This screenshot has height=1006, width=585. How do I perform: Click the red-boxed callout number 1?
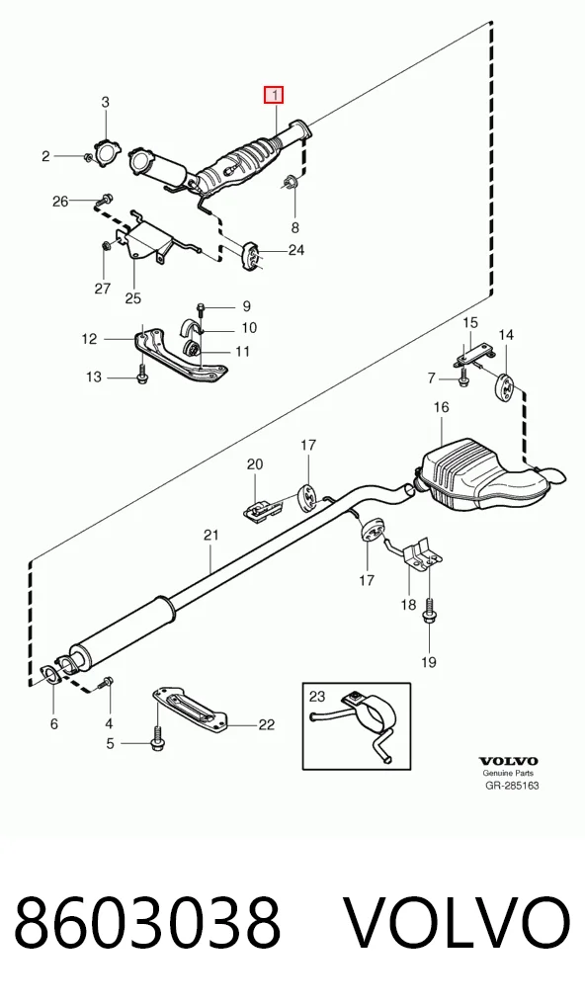pos(274,96)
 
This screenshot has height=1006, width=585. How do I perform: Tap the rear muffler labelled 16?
pos(484,474)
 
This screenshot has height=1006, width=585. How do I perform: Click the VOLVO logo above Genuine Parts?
pos(508,762)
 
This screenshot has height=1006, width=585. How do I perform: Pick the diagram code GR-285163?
pos(511,786)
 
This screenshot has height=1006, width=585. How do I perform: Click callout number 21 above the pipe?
pos(211,535)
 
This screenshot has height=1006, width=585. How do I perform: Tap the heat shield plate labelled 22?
pos(190,711)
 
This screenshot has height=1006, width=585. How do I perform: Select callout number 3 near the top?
pos(105,102)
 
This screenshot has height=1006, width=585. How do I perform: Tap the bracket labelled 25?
pos(144,240)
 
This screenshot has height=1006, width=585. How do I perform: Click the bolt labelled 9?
pos(201,310)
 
